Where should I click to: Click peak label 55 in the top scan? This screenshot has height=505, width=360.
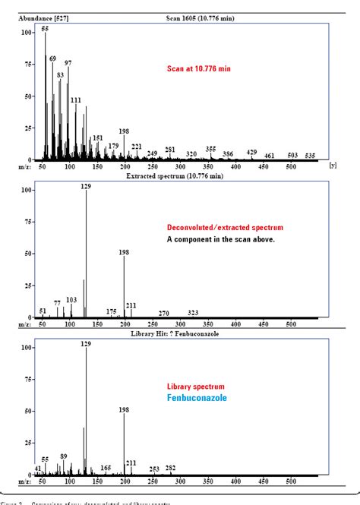45,28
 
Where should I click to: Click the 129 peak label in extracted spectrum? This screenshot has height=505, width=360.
86,186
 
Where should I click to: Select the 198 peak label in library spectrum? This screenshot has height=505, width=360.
124,409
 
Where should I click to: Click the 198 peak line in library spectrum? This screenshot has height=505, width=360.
125,444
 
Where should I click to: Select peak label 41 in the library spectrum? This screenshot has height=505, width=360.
38,468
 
